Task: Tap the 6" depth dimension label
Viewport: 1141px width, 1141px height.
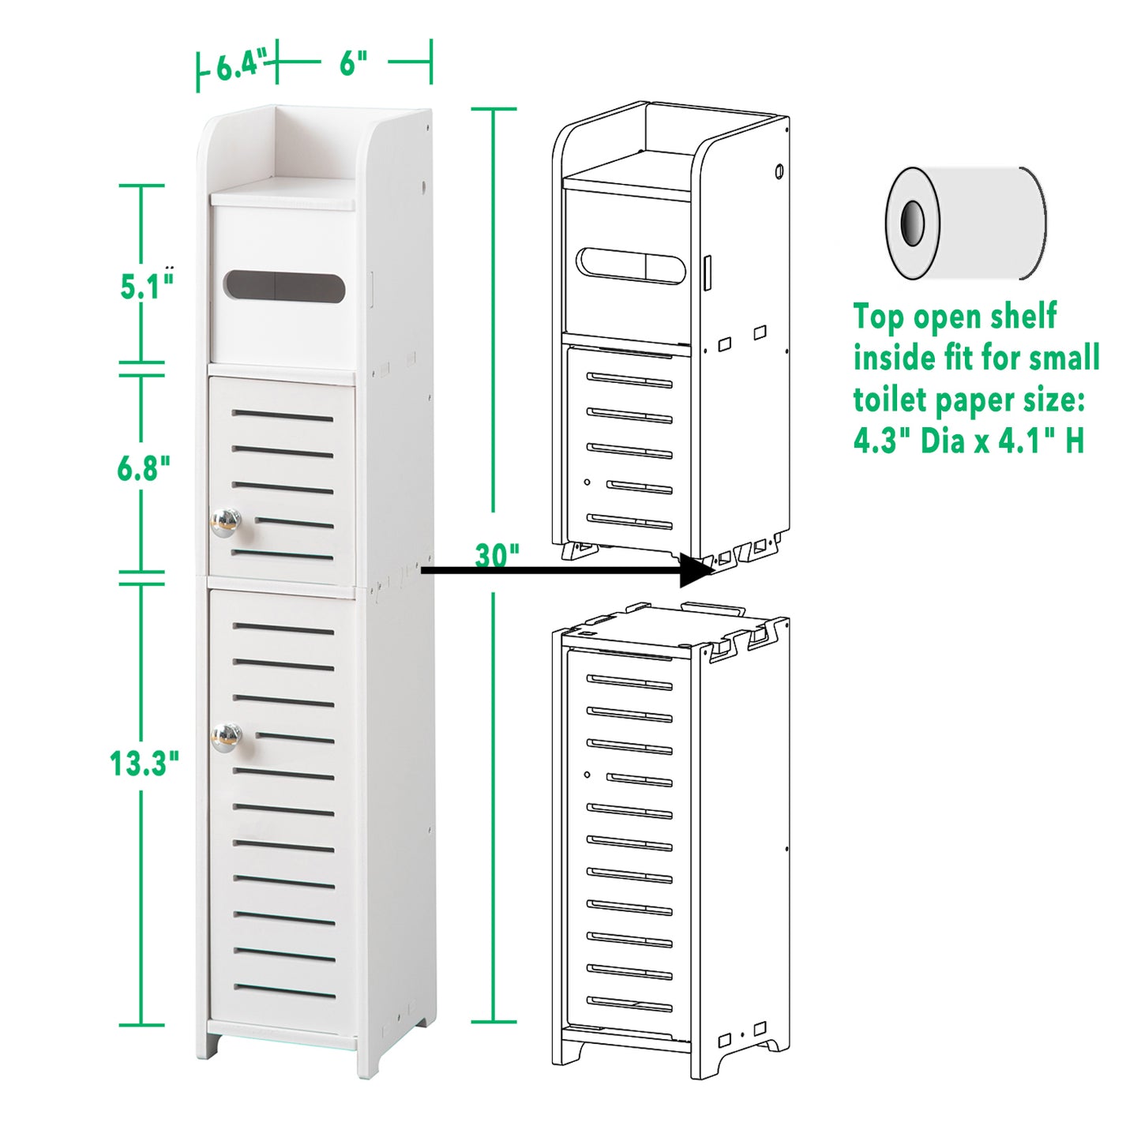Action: tap(353, 62)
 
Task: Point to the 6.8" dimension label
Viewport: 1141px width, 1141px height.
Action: tap(143, 468)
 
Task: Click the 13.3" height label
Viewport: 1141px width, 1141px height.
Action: tap(144, 764)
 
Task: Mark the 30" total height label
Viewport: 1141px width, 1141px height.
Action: tap(497, 555)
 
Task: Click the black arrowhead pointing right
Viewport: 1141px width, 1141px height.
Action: tap(696, 570)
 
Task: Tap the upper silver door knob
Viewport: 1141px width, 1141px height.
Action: tap(225, 522)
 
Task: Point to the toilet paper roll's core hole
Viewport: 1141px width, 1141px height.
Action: tap(913, 223)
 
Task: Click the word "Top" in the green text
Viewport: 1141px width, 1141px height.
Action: tap(879, 317)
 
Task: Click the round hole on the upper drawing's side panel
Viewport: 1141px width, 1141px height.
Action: tap(779, 171)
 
